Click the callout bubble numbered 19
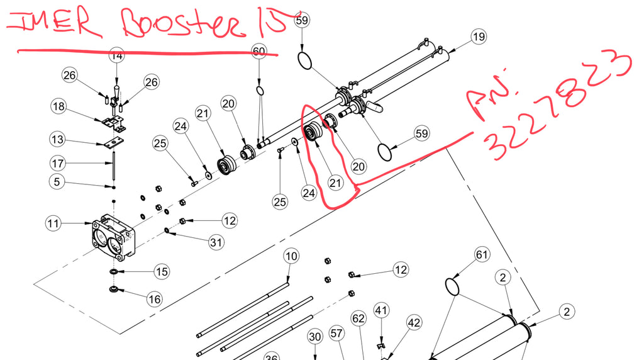tap(479, 37)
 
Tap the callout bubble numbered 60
tap(259, 51)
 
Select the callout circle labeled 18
tap(58, 107)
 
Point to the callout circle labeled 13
tap(58, 138)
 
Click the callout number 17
tap(58, 164)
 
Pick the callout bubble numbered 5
tap(58, 181)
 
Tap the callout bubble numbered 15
tap(162, 272)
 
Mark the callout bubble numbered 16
tap(155, 299)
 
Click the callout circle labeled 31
tap(216, 242)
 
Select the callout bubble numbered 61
tap(482, 255)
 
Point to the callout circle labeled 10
tap(290, 256)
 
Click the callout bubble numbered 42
tap(413, 323)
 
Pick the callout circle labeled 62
tap(358, 319)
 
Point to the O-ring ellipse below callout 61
tap(453, 286)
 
